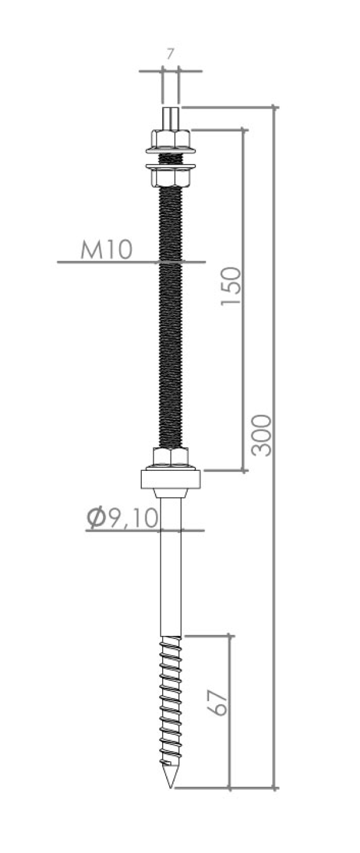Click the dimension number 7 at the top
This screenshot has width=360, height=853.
point(170,54)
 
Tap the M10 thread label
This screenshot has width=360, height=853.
point(106,250)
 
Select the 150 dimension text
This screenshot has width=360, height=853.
point(231,287)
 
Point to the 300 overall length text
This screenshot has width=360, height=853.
point(262,435)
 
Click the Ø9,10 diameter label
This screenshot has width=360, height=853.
point(122,517)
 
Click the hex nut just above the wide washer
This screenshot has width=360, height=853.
point(170,457)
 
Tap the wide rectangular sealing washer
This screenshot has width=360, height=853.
point(170,479)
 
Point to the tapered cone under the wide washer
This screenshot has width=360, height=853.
point(170,493)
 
